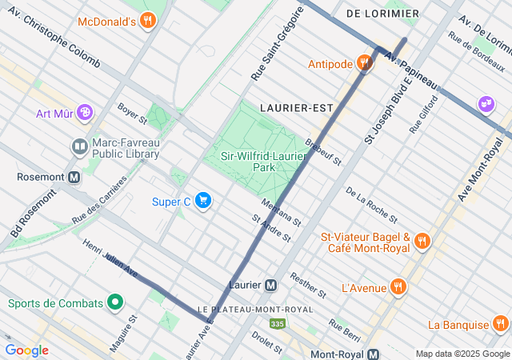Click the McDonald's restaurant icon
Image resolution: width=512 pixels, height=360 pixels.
pyautogui.click(x=147, y=21)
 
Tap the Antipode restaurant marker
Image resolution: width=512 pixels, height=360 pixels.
pyautogui.click(x=365, y=63)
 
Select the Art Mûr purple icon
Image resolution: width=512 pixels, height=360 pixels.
pyautogui.click(x=85, y=113)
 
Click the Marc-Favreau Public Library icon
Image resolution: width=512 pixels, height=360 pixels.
pyautogui.click(x=79, y=146)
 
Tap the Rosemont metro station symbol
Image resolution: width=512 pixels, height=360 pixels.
pyautogui.click(x=74, y=177)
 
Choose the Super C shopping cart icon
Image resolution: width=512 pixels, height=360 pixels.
pyautogui.click(x=203, y=201)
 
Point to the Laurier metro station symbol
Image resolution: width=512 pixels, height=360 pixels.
pyautogui.click(x=271, y=284)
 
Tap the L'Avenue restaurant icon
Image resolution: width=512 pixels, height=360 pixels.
pyautogui.click(x=398, y=287)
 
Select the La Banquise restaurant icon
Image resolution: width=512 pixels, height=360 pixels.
pyautogui.click(x=501, y=324)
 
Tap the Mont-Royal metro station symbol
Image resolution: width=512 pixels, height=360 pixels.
pyautogui.click(x=373, y=354)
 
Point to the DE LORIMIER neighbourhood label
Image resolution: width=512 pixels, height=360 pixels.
pyautogui.click(x=382, y=14)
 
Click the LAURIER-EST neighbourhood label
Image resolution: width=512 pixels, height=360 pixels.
pyautogui.click(x=290, y=106)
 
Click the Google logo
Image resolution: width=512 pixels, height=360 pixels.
pyautogui.click(x=26, y=350)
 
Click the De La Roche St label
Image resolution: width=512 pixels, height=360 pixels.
pyautogui.click(x=371, y=204)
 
